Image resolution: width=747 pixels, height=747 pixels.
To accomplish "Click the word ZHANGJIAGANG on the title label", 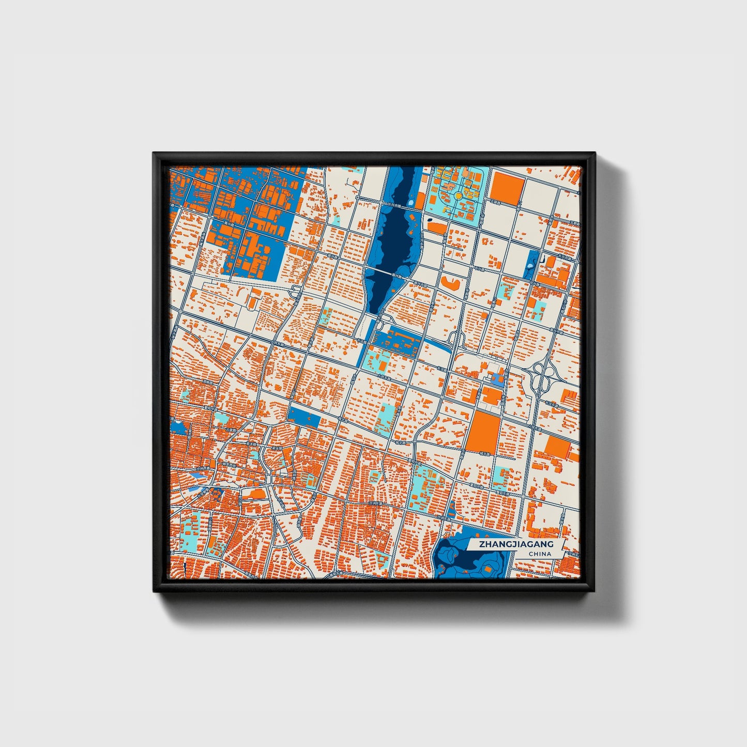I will pyautogui.click(x=516, y=544).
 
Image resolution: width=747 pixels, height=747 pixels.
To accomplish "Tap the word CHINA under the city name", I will pyautogui.click(x=540, y=554).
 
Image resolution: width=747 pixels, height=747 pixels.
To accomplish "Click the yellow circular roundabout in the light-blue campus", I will pyautogui.click(x=458, y=196).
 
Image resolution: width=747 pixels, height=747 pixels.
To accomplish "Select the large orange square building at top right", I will pyautogui.click(x=507, y=187).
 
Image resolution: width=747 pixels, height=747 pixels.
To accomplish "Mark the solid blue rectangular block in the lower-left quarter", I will pyautogui.click(x=304, y=417).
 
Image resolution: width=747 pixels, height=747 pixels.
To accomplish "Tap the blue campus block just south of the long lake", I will pyautogui.click(x=395, y=341).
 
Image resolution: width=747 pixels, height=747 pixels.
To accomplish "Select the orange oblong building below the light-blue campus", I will pyautogui.click(x=437, y=227).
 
